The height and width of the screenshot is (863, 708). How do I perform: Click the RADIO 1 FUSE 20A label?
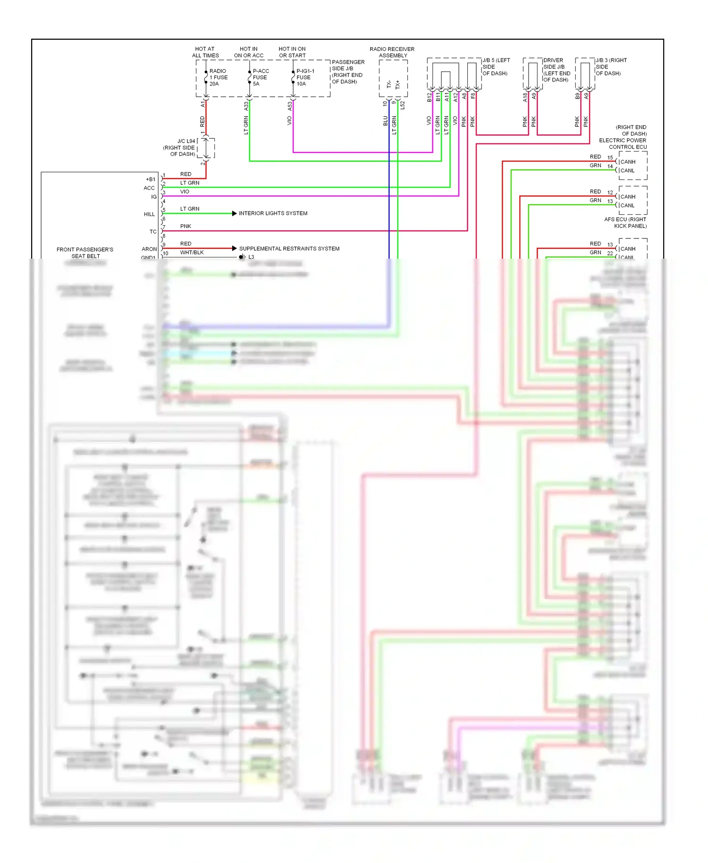pos(218,77)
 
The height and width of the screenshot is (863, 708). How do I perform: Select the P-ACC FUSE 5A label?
pos(261,77)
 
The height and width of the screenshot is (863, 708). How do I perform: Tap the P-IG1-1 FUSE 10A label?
pos(305,77)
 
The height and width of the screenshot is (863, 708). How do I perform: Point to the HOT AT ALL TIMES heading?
pos(205,52)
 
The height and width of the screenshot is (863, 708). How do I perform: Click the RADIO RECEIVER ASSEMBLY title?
pos(392,52)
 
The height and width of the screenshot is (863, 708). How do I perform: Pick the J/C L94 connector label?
pos(180,147)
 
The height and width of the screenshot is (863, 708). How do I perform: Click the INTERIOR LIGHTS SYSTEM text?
pos(273,213)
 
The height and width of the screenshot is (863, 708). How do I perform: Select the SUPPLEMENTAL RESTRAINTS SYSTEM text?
pos(289,248)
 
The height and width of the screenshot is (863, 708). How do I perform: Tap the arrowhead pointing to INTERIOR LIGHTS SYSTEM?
pos(235,213)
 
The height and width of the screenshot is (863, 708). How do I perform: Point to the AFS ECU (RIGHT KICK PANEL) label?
pos(625,222)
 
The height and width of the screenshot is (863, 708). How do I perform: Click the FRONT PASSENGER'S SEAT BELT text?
pos(85,253)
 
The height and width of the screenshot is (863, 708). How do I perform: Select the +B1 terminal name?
pos(151,179)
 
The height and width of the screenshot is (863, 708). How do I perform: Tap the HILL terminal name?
pos(149,214)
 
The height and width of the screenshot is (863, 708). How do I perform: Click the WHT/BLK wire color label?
pos(192,253)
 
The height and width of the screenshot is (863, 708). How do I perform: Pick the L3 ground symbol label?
pos(251,257)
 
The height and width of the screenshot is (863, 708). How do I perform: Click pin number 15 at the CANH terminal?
pos(610,158)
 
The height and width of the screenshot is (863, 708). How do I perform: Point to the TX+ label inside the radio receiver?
pos(397,84)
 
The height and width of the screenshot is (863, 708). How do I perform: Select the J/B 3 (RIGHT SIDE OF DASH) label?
pos(611,67)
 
